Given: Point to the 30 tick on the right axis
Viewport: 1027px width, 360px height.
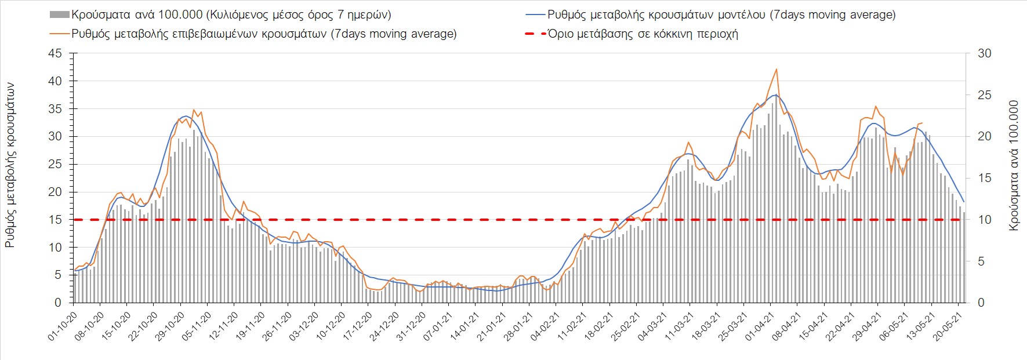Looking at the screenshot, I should coord(984,53).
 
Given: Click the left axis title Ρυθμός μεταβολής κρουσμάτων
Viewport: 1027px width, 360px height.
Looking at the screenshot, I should coord(10,165).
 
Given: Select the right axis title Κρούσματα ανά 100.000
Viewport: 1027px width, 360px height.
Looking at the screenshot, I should coord(1014,166).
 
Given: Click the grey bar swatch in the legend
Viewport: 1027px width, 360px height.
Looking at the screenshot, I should coord(60,14).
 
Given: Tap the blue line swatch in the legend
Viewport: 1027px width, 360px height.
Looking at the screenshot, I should coord(535,14).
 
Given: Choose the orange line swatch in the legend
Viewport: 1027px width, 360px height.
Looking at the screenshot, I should coord(60,34).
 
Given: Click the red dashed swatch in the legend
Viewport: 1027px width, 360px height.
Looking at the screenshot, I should coord(535,34).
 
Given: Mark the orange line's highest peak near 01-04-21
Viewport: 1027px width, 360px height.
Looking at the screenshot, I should coord(776,69).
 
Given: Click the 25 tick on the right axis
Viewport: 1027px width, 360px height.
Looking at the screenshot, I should coord(984,95).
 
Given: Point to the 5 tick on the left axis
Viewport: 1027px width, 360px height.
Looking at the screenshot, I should coord(57,275).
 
